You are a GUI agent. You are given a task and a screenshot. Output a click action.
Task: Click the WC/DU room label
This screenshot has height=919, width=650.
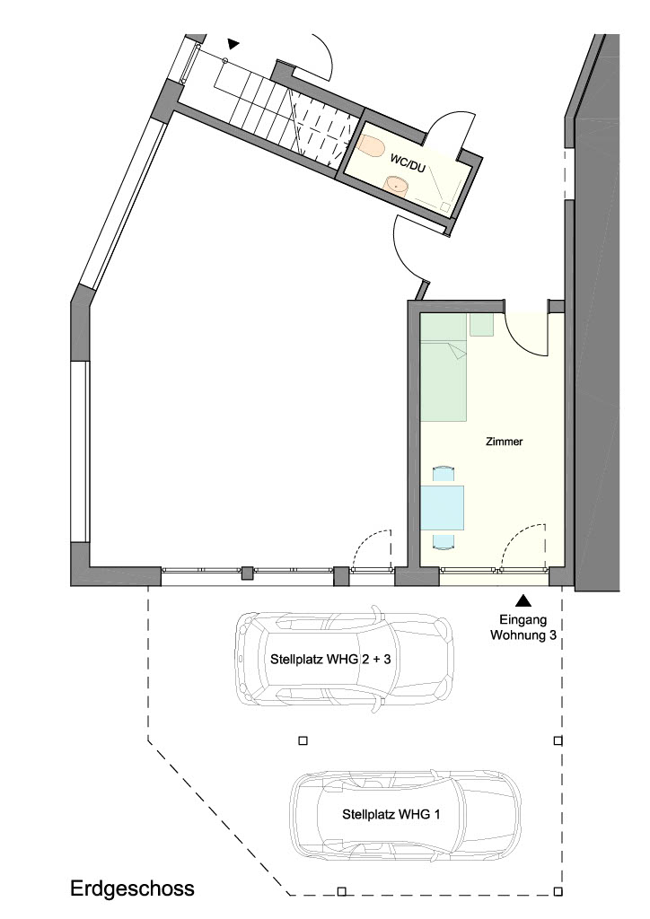tap(408, 163)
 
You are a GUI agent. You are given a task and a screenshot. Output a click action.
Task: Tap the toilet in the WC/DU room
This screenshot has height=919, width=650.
tap(371, 146)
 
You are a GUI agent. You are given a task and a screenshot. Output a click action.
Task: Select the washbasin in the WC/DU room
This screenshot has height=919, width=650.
tap(397, 185)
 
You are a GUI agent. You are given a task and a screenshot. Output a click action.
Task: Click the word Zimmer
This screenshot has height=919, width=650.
tap(504, 442)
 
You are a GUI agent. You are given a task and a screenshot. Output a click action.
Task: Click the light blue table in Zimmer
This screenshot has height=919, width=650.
tap(442, 508)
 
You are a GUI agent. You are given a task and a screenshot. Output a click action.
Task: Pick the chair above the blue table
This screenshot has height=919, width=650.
tap(444, 474)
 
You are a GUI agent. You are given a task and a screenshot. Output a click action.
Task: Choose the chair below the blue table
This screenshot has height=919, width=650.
tap(444, 539)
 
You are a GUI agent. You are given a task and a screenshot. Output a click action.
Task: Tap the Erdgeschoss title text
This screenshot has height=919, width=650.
tap(133, 888)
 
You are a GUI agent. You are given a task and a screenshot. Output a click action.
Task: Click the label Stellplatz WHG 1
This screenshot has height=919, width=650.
tap(391, 814)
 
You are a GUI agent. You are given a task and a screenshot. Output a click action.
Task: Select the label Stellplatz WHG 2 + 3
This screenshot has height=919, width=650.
tap(330, 659)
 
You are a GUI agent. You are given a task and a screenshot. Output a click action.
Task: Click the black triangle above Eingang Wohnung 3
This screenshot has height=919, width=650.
tap(523, 600)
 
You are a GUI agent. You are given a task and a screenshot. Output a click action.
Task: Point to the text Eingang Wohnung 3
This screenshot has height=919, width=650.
tap(523, 627)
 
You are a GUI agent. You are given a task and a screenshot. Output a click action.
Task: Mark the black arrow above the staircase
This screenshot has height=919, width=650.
tap(233, 43)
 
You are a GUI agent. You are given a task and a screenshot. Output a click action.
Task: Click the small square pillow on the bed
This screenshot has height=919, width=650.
tap(482, 325)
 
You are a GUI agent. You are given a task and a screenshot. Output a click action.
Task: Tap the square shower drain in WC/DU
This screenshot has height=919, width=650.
tap(445, 206)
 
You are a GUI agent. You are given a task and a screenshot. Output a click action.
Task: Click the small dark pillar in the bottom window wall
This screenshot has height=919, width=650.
tap(248, 573)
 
